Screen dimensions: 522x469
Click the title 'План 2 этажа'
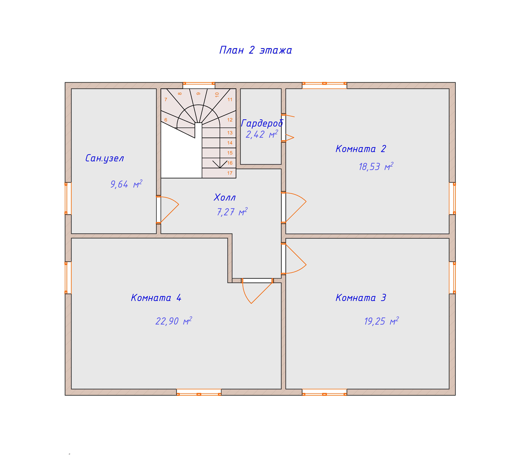[255, 50]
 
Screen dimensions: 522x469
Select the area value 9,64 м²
[126, 184]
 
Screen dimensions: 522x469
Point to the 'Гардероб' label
[262, 123]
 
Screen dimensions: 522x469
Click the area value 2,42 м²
[262, 134]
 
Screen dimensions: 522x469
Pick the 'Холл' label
[225, 197]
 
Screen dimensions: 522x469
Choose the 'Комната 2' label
[361, 149]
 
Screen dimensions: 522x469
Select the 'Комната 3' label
[361, 298]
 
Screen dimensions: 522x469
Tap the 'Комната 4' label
[156, 298]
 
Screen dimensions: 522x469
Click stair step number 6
[166, 120]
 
